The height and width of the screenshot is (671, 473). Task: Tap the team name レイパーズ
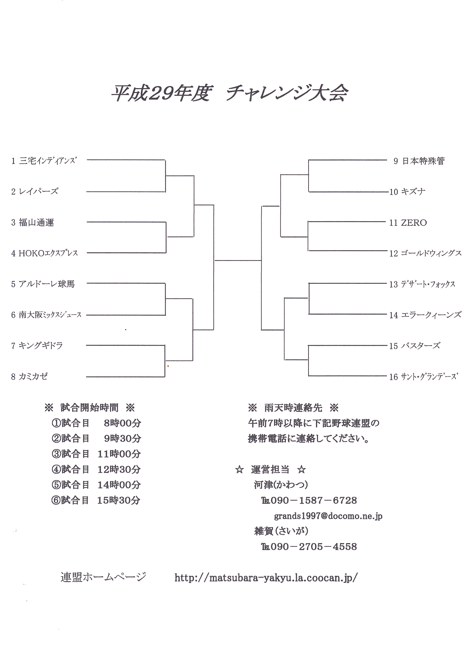point(38,191)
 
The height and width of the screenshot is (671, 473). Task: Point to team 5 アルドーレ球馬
point(43,284)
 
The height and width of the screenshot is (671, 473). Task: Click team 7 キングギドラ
point(37,346)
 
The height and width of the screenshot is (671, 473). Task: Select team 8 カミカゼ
point(29,376)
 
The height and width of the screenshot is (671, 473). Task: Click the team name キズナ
point(413,192)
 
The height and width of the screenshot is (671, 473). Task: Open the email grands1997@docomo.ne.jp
point(328,516)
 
